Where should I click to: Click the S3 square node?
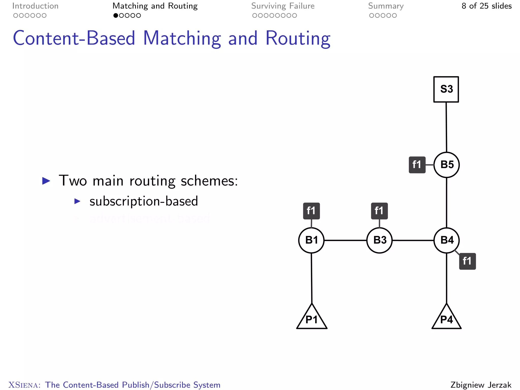click(446, 89)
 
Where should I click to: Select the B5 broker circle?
click(447, 165)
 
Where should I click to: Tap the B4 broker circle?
click(447, 240)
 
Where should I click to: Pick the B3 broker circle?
click(380, 240)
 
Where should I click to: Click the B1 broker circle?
click(312, 240)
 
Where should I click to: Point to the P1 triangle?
click(312, 319)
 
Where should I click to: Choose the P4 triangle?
click(446, 319)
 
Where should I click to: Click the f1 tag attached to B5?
click(417, 165)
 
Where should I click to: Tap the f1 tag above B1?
click(311, 211)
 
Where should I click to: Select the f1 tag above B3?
click(379, 211)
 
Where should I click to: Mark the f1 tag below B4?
click(467, 261)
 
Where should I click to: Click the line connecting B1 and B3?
click(345, 240)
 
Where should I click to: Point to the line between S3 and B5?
click(446, 127)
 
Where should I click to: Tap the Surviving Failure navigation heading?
click(283, 6)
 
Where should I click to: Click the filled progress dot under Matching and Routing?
click(116, 15)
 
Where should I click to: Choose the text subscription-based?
click(143, 201)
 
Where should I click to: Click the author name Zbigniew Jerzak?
click(481, 385)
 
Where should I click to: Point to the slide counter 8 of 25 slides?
click(486, 6)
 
